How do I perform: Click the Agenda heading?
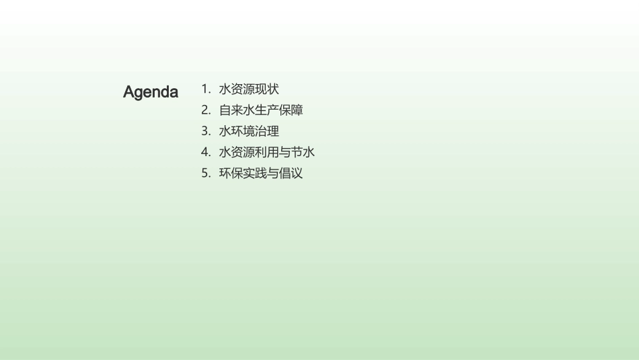tap(151, 92)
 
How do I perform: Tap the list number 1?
tap(205, 89)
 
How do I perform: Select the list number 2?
tap(205, 110)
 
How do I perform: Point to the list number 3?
tap(205, 131)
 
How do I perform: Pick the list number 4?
tap(205, 152)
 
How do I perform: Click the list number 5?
tap(205, 173)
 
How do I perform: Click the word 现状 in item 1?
tap(267, 89)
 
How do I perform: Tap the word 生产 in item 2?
tap(267, 110)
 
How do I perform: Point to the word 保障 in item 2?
tap(291, 110)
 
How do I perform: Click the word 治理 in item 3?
tap(267, 131)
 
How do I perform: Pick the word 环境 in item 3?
tap(243, 131)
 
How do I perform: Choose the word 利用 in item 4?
tap(267, 152)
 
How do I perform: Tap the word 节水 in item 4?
tap(303, 152)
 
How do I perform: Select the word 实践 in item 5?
tap(255, 173)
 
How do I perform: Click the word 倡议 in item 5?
tap(291, 173)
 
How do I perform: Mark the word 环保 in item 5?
tap(231, 173)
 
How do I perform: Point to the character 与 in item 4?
tap(285, 152)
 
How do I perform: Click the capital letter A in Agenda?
tap(129, 92)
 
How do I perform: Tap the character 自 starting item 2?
tap(225, 110)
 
